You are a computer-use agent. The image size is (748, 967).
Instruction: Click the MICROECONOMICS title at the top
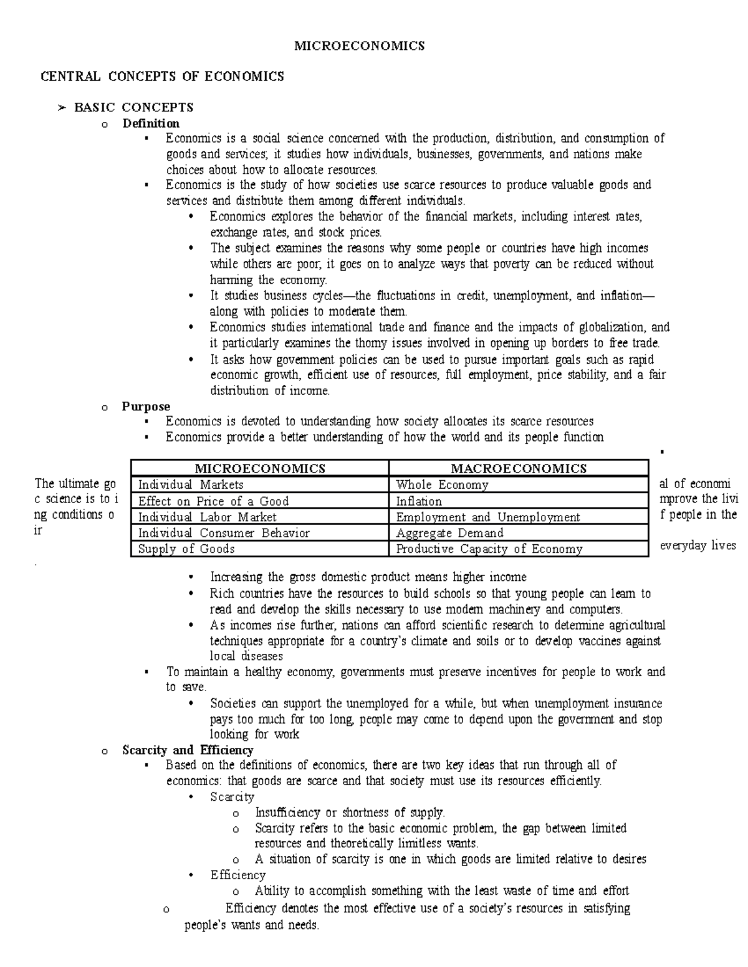(360, 45)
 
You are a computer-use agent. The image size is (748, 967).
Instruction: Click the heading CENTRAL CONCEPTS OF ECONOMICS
(162, 77)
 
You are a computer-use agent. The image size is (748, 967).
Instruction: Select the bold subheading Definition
(151, 123)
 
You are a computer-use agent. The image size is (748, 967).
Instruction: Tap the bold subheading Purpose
(146, 407)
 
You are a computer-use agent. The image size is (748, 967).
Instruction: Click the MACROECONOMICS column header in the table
(519, 468)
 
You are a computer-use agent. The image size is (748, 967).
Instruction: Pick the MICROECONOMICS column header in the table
(260, 468)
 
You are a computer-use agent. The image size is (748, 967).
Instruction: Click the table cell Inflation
(419, 501)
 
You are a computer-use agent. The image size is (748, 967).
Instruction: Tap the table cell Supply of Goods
(186, 549)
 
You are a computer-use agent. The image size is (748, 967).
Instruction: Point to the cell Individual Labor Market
(207, 517)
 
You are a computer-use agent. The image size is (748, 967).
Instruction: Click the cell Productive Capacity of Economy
(489, 549)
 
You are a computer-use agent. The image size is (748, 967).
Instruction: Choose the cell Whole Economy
(442, 485)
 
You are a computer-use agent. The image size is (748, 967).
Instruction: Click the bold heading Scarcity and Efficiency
(188, 750)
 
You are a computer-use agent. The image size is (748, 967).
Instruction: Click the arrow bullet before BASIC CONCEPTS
(61, 108)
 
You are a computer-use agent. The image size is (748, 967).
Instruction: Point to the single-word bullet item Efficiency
(237, 875)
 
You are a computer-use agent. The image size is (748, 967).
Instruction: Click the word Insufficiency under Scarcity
(287, 813)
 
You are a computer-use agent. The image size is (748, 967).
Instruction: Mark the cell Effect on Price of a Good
(213, 501)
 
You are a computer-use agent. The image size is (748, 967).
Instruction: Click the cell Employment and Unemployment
(488, 517)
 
